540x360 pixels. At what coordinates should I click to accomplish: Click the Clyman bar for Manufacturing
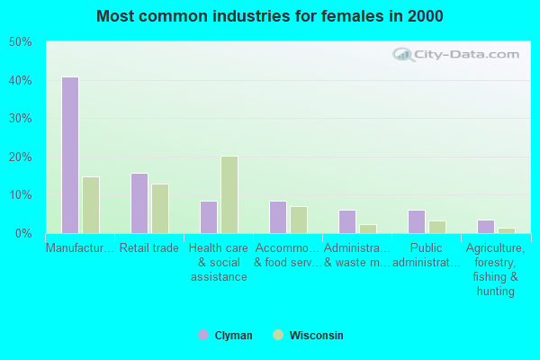coord(69,155)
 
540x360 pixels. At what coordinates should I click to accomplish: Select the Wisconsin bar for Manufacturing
coord(91,204)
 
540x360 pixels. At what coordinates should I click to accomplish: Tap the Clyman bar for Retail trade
coord(139,202)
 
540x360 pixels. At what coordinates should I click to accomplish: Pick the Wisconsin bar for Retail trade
coord(160,208)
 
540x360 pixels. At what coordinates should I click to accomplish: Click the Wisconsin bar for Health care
coord(229,194)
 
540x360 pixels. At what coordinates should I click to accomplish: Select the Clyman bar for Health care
coord(209,217)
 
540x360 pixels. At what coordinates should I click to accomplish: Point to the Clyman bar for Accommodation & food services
coord(278,217)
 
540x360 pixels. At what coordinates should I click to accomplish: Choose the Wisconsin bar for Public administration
coord(437,227)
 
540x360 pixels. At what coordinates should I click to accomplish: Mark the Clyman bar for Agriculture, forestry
coord(486,226)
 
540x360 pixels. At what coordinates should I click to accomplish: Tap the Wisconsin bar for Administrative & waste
coord(368,229)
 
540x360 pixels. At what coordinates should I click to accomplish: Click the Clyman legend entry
coord(226,336)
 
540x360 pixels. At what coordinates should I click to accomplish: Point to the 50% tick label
coord(21,42)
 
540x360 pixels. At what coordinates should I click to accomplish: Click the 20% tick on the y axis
coord(21,157)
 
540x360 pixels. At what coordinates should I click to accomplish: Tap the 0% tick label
coord(23,233)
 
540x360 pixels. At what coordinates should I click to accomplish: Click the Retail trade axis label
coord(149,248)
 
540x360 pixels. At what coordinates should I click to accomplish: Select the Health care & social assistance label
coord(219,262)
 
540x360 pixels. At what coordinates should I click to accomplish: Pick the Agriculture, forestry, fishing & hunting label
coord(496,269)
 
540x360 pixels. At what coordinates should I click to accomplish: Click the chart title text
coord(270,16)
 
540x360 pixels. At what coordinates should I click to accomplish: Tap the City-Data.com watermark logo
coord(460,54)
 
